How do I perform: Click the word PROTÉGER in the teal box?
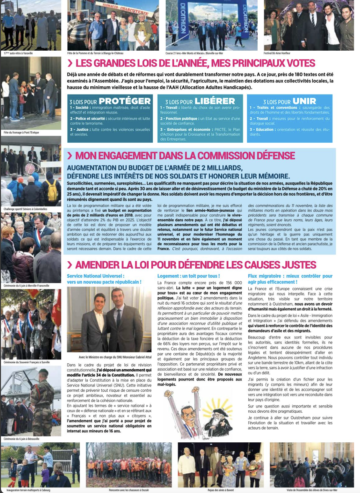125,101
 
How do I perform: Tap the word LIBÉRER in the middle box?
214,101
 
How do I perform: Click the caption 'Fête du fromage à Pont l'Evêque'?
21,132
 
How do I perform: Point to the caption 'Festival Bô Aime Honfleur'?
277,53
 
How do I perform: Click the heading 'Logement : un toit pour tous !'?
189,276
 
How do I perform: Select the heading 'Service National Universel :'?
96,276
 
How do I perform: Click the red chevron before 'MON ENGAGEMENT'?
69,156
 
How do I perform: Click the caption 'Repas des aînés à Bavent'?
221,490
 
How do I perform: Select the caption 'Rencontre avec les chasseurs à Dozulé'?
129,490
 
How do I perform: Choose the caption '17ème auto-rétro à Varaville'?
18,53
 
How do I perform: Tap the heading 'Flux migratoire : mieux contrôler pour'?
290,276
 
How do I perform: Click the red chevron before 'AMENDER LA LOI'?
69,265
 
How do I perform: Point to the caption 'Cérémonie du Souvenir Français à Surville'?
26,362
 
